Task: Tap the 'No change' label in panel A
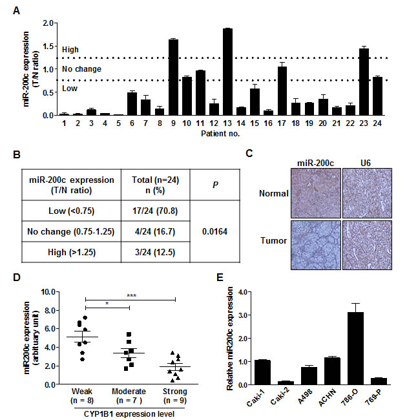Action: click(x=76, y=68)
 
